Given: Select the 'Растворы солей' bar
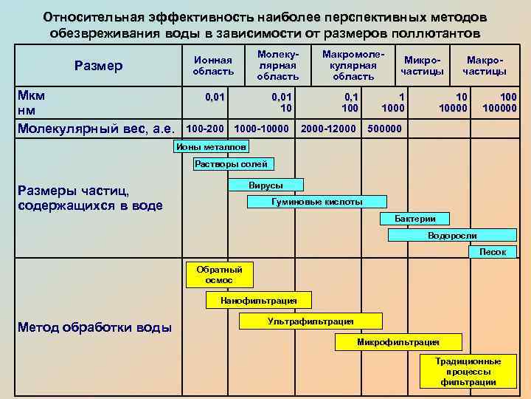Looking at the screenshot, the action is click(231, 164).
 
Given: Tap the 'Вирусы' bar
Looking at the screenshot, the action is click(266, 185).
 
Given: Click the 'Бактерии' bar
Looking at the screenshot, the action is click(415, 219).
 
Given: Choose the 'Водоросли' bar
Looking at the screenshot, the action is click(452, 236).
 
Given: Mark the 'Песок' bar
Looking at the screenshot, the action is click(493, 252).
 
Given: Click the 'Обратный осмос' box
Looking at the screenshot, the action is click(219, 275).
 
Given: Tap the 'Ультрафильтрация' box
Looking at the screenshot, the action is click(310, 321).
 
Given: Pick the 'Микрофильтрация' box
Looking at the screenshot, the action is click(398, 342).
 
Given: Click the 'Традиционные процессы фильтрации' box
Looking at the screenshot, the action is click(468, 372).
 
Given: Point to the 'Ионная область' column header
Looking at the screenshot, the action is click(213, 66).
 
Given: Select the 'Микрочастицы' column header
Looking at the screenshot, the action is click(423, 66).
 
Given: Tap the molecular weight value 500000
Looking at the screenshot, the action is click(383, 129).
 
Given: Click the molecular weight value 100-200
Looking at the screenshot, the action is click(205, 129).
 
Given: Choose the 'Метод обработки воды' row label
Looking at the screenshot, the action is click(95, 327).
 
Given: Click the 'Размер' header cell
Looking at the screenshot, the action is click(99, 66).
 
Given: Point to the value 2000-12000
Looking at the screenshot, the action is click(329, 129).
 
